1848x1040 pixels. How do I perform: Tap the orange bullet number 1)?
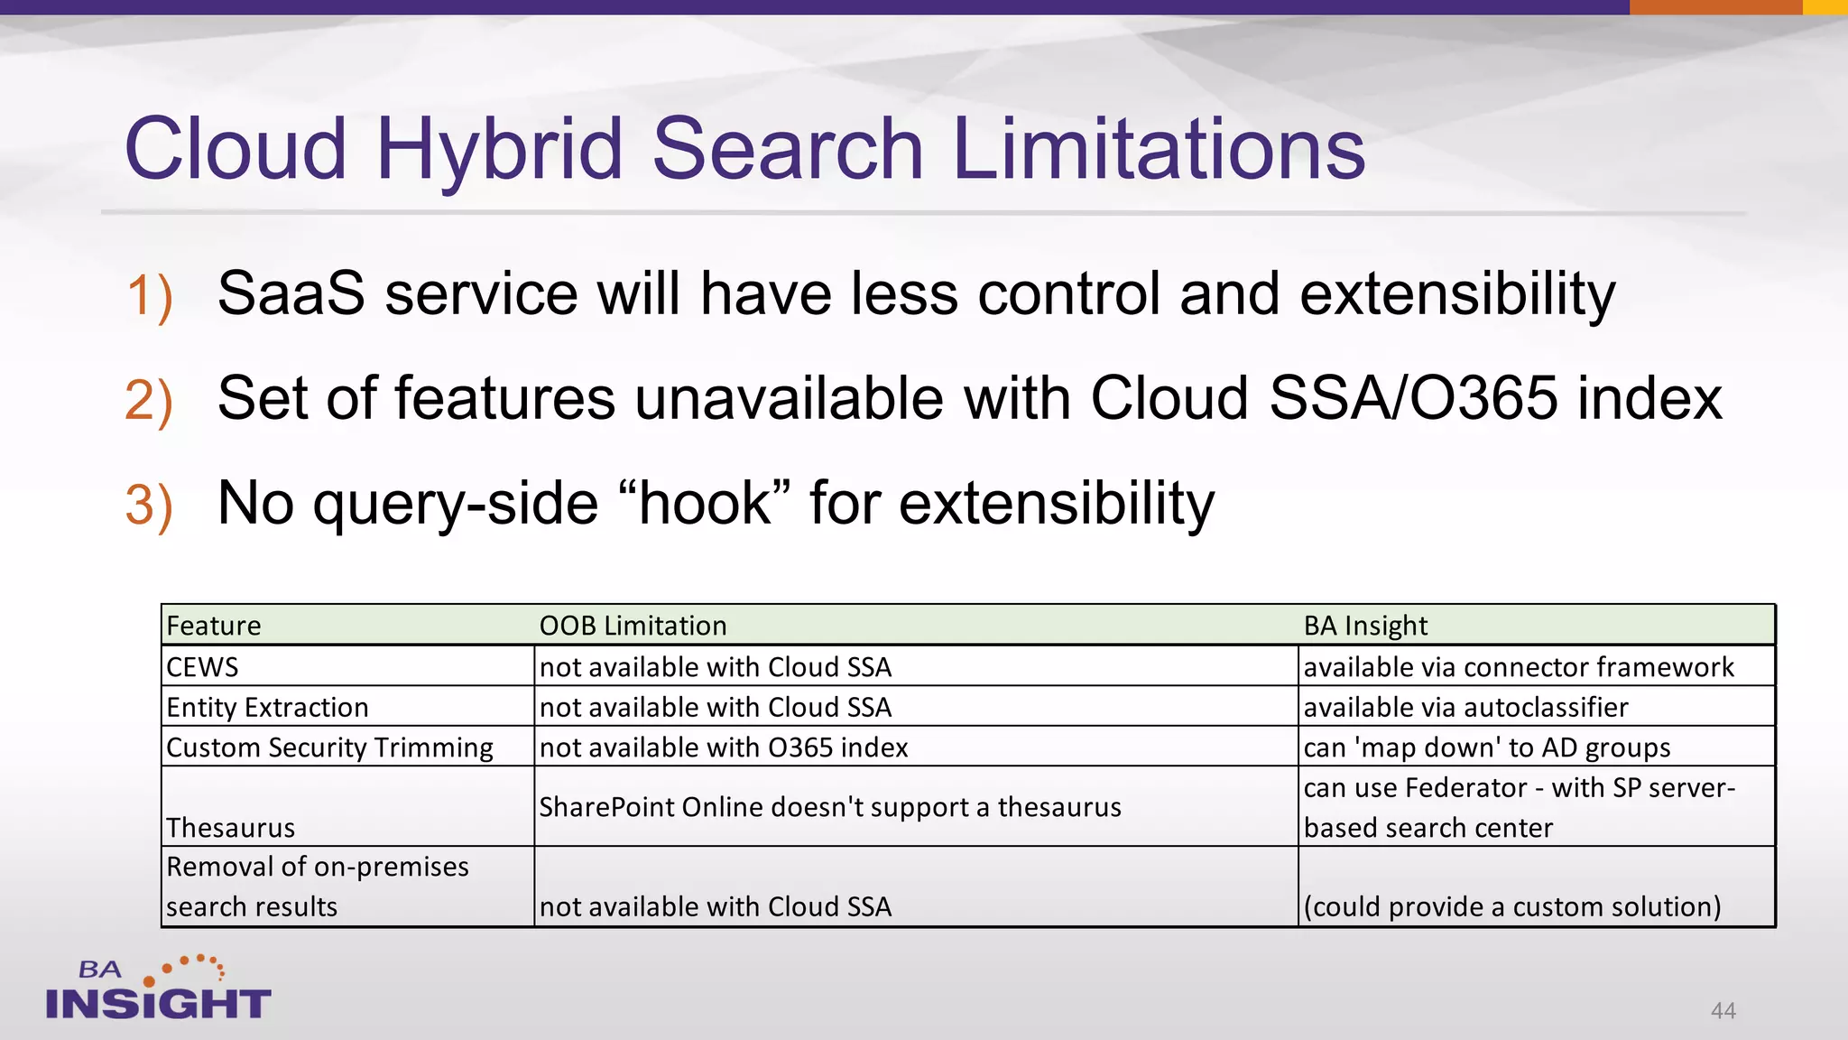click(x=149, y=296)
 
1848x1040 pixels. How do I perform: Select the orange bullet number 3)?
click(x=149, y=505)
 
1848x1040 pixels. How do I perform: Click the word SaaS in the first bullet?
click(x=291, y=293)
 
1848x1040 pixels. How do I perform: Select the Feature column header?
click(x=214, y=626)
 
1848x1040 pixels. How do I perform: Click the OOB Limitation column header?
click(x=633, y=626)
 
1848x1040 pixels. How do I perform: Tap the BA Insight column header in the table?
click(x=1365, y=626)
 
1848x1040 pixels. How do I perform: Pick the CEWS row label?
click(x=203, y=667)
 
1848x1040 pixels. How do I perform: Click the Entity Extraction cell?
click(x=267, y=707)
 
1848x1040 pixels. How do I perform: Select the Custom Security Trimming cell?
click(x=329, y=747)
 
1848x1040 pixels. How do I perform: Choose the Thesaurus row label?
click(x=231, y=827)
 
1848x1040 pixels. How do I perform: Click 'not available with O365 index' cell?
click(x=724, y=747)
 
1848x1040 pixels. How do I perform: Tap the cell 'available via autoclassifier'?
click(x=1465, y=707)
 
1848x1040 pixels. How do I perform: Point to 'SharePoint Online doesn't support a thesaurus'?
click(x=830, y=807)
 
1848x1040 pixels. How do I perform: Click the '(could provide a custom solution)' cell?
click(x=1512, y=906)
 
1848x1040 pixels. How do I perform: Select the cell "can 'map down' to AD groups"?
click(x=1487, y=747)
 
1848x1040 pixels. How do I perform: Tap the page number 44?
click(x=1723, y=1010)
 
